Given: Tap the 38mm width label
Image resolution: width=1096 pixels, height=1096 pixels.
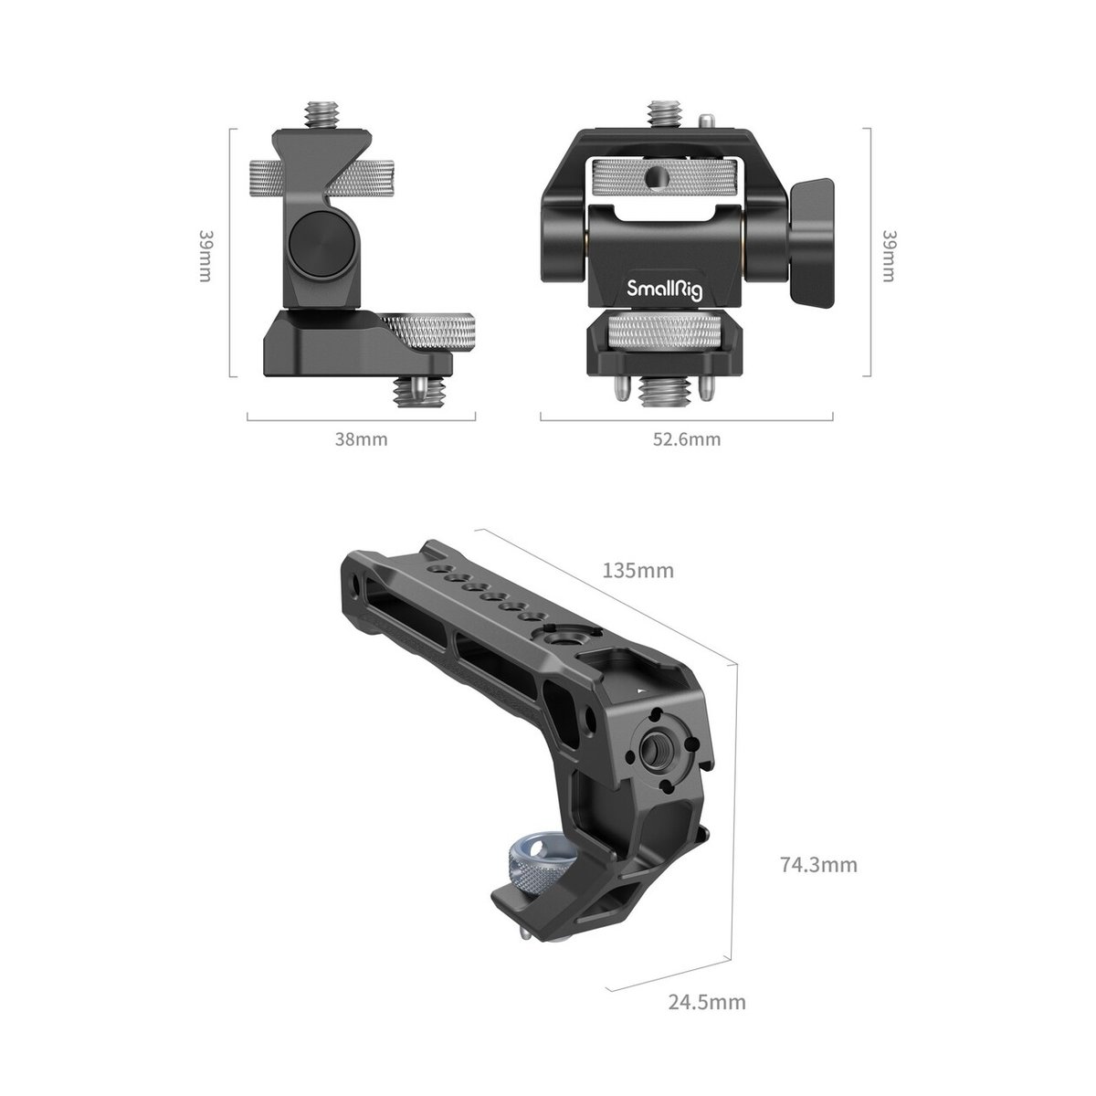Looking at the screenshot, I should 362,439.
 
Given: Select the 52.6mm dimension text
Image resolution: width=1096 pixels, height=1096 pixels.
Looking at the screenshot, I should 686,439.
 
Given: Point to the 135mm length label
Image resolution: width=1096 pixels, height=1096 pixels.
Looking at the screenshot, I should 638,571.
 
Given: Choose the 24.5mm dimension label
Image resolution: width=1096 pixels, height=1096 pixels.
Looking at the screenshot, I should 707,1002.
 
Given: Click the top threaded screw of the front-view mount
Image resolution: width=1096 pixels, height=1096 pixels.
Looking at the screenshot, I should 660,115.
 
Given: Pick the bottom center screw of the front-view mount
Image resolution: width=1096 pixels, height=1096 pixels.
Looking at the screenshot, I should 660,393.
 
